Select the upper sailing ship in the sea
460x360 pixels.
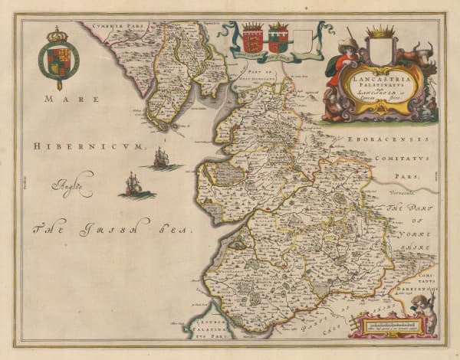[161, 159]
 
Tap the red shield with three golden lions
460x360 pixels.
[252, 38]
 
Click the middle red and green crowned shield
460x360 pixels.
[278, 38]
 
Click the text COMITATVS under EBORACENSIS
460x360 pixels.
[408, 157]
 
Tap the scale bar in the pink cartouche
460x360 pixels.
[389, 326]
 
